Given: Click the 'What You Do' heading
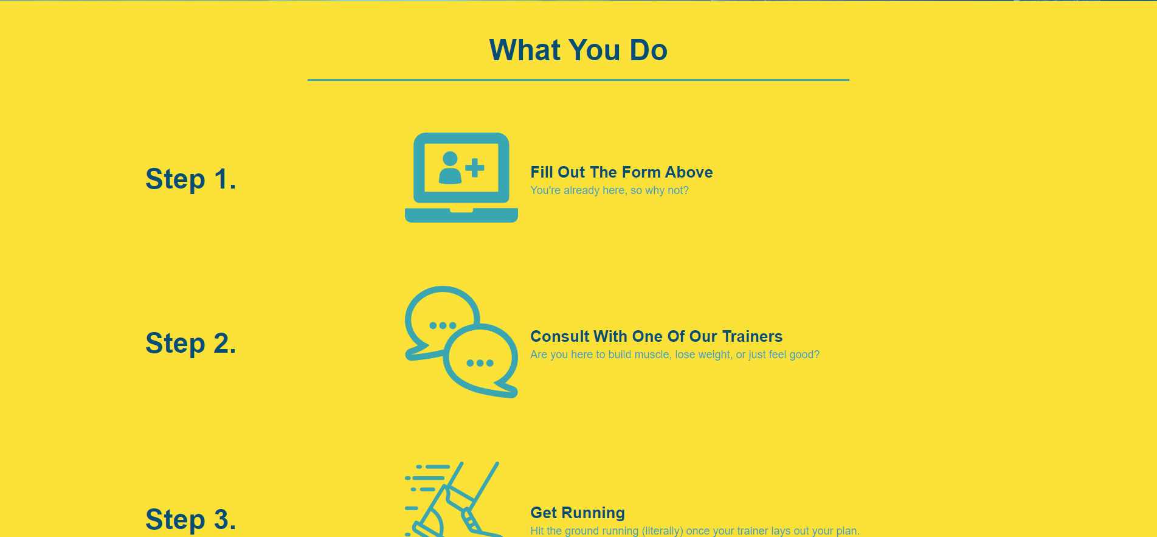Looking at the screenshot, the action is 578,50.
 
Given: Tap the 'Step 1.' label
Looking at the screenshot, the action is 190,179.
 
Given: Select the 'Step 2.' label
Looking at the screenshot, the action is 190,344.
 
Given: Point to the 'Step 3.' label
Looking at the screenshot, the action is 190,520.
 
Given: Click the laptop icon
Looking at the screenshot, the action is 461,178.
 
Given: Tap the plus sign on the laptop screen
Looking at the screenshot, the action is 474,167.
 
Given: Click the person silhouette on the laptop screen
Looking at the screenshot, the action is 450,168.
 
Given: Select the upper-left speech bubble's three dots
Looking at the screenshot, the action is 443,325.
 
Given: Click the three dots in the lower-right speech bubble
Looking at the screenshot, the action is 480,363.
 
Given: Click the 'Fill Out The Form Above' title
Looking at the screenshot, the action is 621,172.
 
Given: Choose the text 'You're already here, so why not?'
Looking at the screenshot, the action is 609,190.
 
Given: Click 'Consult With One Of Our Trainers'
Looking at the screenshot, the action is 657,336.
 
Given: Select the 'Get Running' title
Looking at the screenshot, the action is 578,513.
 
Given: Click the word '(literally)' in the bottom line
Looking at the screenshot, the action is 663,531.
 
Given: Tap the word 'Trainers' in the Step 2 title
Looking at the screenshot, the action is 752,336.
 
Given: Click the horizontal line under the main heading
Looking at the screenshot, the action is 578,80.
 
